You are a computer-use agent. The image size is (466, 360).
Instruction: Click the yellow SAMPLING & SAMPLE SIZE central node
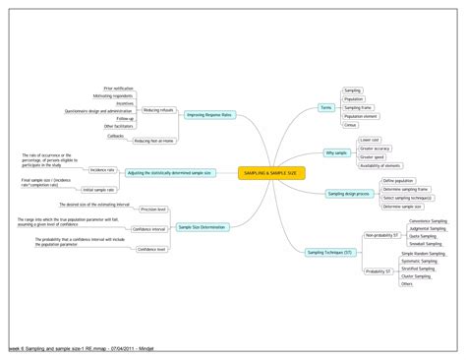(272, 173)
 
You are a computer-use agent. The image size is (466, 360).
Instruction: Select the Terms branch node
(325, 106)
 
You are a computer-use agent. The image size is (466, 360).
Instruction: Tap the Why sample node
(336, 152)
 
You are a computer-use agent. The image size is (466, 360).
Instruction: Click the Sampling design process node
(347, 194)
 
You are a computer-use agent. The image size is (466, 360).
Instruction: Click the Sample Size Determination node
(202, 227)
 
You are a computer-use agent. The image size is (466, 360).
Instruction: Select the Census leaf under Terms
(351, 125)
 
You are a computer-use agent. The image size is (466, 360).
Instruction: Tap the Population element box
(361, 117)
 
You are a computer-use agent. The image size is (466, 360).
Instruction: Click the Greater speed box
(373, 156)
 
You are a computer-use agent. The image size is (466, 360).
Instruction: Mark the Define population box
(397, 181)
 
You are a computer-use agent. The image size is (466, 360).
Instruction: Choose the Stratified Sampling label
(421, 269)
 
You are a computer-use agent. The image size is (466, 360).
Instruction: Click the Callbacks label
(142, 136)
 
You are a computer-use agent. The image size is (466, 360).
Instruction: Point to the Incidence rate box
(102, 169)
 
